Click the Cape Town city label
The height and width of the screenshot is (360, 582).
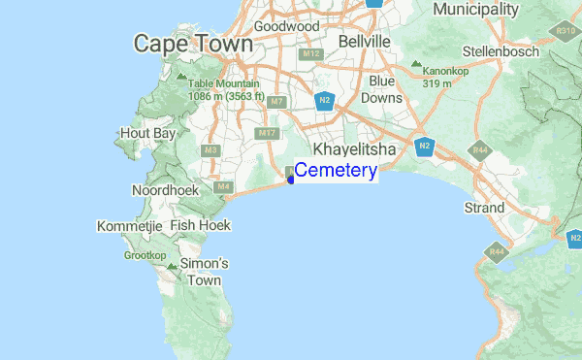pyautogui.click(x=193, y=44)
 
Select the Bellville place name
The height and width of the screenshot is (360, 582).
pyautogui.click(x=364, y=42)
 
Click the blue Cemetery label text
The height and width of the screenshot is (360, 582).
pyautogui.click(x=336, y=171)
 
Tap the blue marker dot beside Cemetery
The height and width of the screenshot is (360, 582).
pyautogui.click(x=290, y=178)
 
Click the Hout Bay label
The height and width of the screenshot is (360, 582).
pyautogui.click(x=147, y=132)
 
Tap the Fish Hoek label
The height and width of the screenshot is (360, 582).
pyautogui.click(x=198, y=224)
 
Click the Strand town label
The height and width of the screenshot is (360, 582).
pyautogui.click(x=485, y=208)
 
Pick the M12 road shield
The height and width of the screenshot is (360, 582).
pyautogui.click(x=310, y=54)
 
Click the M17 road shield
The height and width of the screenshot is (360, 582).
pyautogui.click(x=267, y=132)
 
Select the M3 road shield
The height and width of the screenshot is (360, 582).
pyautogui.click(x=210, y=150)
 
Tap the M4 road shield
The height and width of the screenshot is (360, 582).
pyautogui.click(x=223, y=185)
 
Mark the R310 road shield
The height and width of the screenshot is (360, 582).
pyautogui.click(x=567, y=31)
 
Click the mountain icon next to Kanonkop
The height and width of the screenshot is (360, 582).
pyautogui.click(x=416, y=66)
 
